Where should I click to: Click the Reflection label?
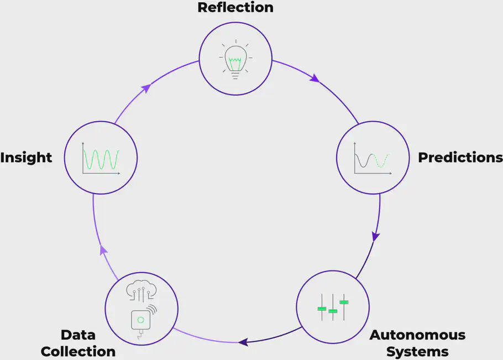point(235,7)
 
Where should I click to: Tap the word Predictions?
point(460,158)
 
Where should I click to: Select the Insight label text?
point(26,158)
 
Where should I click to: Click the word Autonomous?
point(417,335)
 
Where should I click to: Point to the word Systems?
point(417,352)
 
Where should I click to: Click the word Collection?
point(78,352)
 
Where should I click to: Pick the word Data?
point(78,335)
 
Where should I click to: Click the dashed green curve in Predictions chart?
point(381,160)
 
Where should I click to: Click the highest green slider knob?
point(344,302)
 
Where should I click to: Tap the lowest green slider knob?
point(333,311)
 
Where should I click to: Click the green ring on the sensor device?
point(140,320)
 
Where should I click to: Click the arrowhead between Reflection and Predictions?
point(315,79)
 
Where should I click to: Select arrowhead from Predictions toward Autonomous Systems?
point(375,236)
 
